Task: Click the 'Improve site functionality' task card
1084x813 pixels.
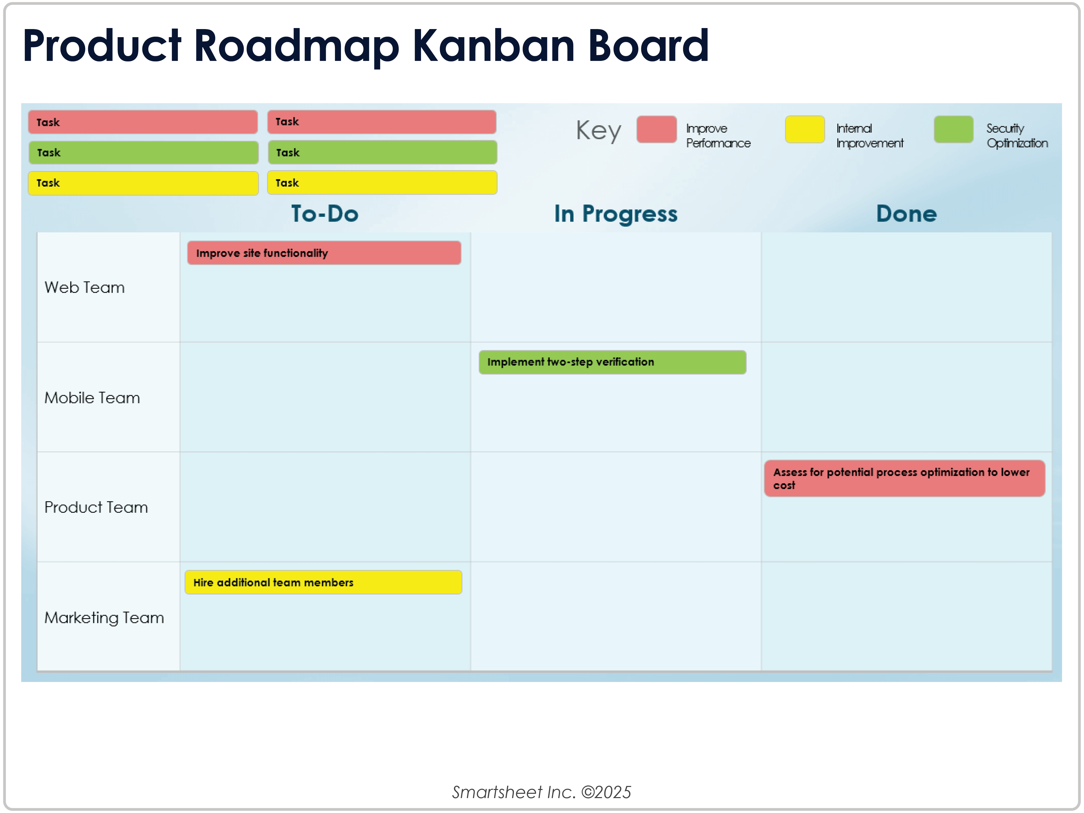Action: click(x=324, y=253)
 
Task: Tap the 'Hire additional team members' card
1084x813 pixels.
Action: click(x=324, y=582)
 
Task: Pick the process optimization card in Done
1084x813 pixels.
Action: click(x=905, y=478)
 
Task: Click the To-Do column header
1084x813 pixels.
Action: click(x=325, y=214)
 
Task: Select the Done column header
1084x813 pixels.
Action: click(x=907, y=214)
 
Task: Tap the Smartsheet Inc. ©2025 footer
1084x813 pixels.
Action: click(x=541, y=792)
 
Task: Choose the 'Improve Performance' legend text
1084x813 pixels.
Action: click(x=719, y=136)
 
